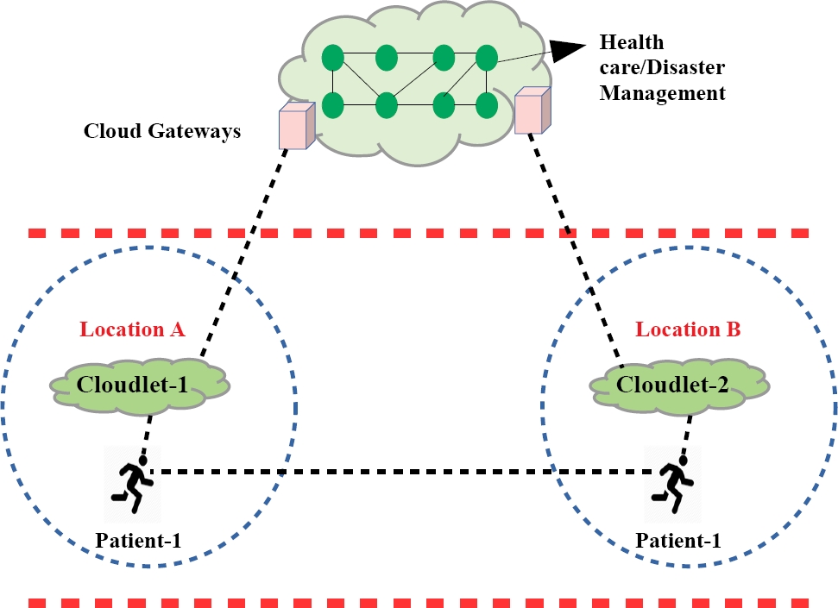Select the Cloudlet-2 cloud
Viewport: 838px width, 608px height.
coord(679,384)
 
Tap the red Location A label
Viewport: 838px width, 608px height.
coord(132,329)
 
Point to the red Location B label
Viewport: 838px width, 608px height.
coord(688,329)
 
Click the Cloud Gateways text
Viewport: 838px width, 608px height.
coord(161,132)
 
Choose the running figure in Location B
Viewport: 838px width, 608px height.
coord(672,484)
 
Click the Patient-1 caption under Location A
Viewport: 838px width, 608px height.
coord(138,542)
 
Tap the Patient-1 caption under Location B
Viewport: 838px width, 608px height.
coord(678,542)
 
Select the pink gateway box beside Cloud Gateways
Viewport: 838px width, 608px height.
coord(293,126)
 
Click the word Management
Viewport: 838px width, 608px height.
coord(663,92)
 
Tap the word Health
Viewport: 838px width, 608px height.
coord(632,42)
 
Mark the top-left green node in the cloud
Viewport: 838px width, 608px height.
coord(333,59)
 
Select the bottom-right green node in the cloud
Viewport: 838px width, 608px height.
coord(487,105)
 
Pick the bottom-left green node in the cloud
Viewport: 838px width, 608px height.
coord(333,105)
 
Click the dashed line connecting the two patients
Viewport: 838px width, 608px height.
coord(406,472)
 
